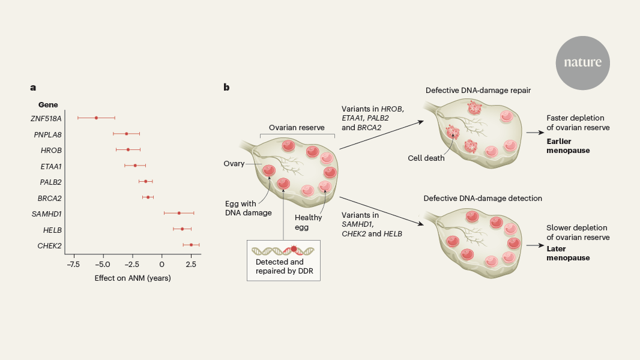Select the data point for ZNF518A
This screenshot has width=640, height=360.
pyautogui.click(x=96, y=118)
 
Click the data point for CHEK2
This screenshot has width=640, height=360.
pyautogui.click(x=192, y=245)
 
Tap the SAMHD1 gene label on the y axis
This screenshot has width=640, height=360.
pyautogui.click(x=46, y=213)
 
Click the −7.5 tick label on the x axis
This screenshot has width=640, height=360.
pyautogui.click(x=73, y=264)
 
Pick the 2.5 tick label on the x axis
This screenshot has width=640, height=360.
pyautogui.click(x=190, y=264)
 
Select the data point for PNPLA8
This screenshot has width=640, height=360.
pyautogui.click(x=126, y=134)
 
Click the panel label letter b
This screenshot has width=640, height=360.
pyautogui.click(x=226, y=88)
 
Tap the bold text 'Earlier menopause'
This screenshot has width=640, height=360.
pyautogui.click(x=568, y=146)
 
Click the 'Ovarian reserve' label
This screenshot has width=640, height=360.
pyautogui.click(x=297, y=128)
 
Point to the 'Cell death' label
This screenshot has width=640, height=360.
pyautogui.click(x=427, y=158)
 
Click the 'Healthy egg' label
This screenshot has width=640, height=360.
pyautogui.click(x=310, y=223)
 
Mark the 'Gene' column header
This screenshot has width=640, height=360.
pyautogui.click(x=48, y=104)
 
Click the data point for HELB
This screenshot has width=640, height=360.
pyautogui.click(x=182, y=229)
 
